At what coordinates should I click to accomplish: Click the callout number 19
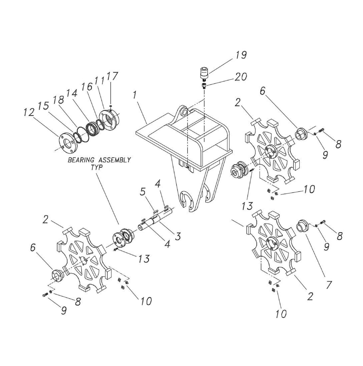pyautogui.click(x=241, y=55)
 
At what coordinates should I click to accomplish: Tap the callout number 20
pyautogui.click(x=240, y=77)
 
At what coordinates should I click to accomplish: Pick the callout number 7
pyautogui.click(x=329, y=285)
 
